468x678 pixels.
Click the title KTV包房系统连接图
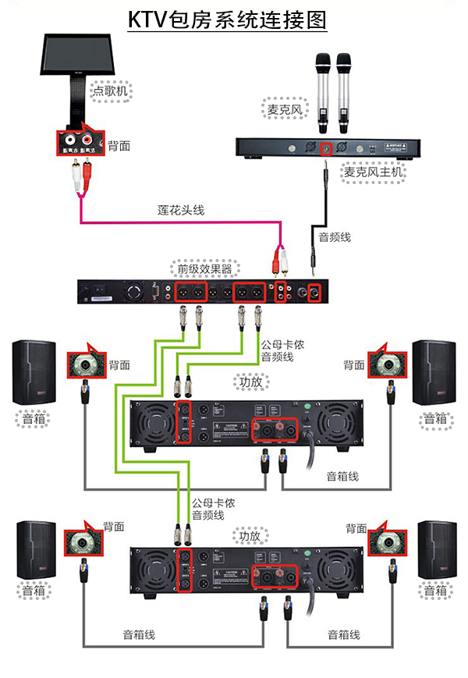pos(227,20)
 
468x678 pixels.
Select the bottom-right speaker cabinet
pos(437,550)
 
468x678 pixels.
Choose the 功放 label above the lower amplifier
pos(248,535)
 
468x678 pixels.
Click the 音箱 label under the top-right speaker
pos(435,419)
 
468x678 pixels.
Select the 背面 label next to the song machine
pos(119,145)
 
